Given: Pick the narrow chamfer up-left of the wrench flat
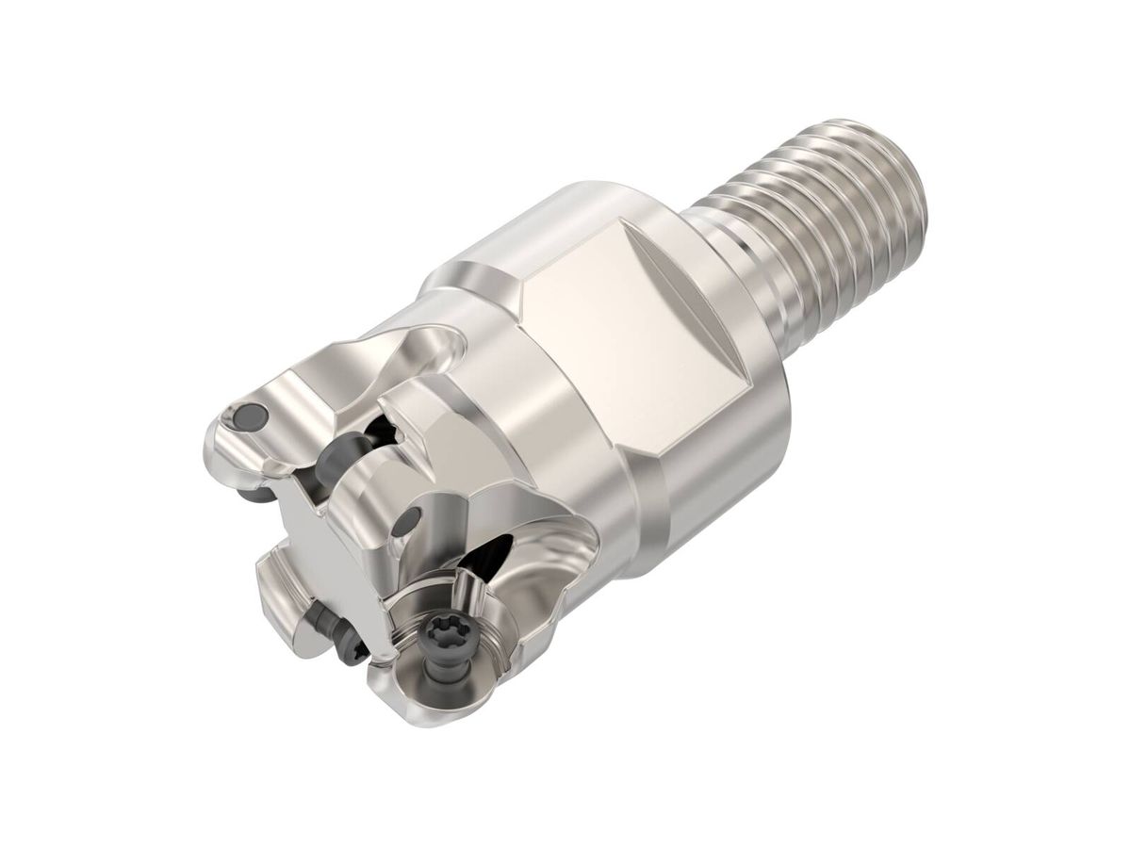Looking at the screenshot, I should click(x=490, y=254).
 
